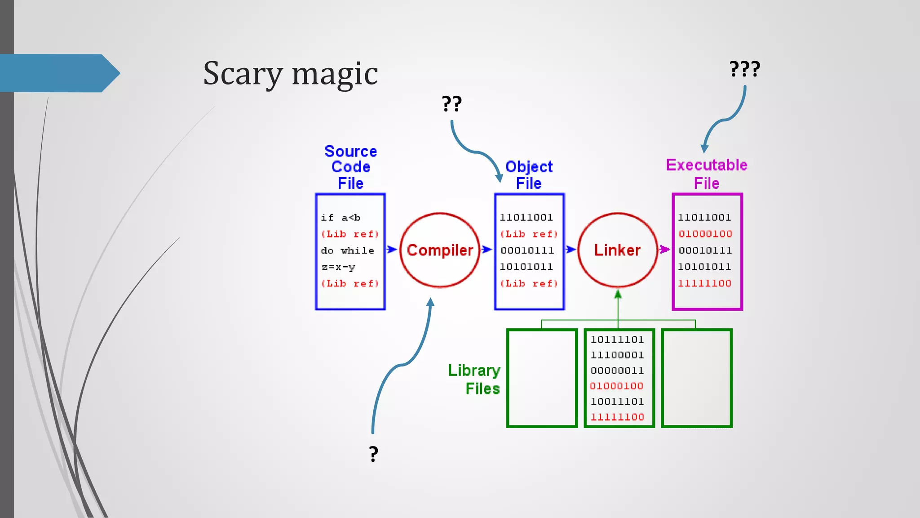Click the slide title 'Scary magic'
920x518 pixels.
pyautogui.click(x=290, y=73)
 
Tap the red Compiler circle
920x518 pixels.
pyautogui.click(x=440, y=250)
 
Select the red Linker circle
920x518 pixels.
pyautogui.click(x=618, y=250)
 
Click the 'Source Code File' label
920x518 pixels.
pyautogui.click(x=350, y=167)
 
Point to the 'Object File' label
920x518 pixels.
pyautogui.click(x=529, y=175)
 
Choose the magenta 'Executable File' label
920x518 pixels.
pyautogui.click(x=707, y=174)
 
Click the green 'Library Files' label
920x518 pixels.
pyautogui.click(x=475, y=379)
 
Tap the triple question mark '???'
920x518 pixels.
pyautogui.click(x=745, y=69)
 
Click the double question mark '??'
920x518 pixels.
pyautogui.click(x=451, y=104)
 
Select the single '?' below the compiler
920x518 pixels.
pyautogui.click(x=373, y=454)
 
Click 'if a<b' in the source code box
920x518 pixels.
pyautogui.click(x=341, y=218)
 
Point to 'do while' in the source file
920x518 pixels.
pyautogui.click(x=347, y=250)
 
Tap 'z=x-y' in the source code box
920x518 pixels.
pyautogui.click(x=338, y=267)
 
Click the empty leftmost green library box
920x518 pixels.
pyautogui.click(x=542, y=378)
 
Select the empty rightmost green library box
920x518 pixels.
pyautogui.click(x=697, y=378)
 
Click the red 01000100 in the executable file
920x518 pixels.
pyautogui.click(x=705, y=234)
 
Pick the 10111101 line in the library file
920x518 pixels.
pyautogui.click(x=617, y=339)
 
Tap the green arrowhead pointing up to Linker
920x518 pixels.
pyautogui.click(x=618, y=295)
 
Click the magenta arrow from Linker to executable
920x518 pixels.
pyautogui.click(x=664, y=249)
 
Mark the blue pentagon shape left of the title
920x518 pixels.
pyautogui.click(x=58, y=73)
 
